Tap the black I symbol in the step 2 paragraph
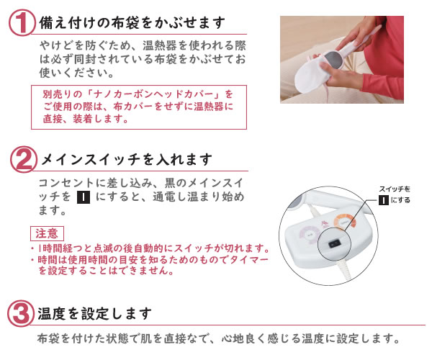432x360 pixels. pyautogui.click(x=82, y=197)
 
